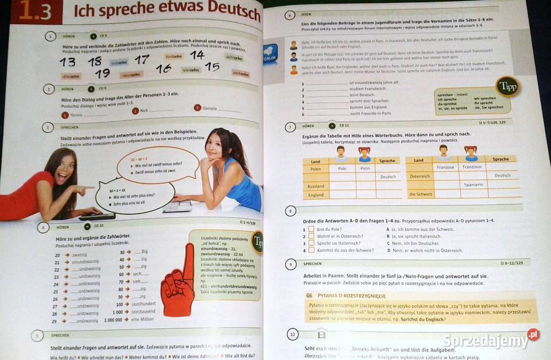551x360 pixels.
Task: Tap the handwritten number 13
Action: pyautogui.click(x=68, y=61)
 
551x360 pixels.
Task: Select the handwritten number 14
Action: pyautogui.click(x=197, y=55)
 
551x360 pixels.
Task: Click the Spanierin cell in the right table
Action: pyautogui.click(x=474, y=185)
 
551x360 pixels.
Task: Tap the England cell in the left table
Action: pyautogui.click(x=316, y=195)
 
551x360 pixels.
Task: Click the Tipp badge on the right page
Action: pyautogui.click(x=507, y=87)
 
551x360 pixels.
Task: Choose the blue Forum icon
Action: pyautogui.click(x=270, y=55)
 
